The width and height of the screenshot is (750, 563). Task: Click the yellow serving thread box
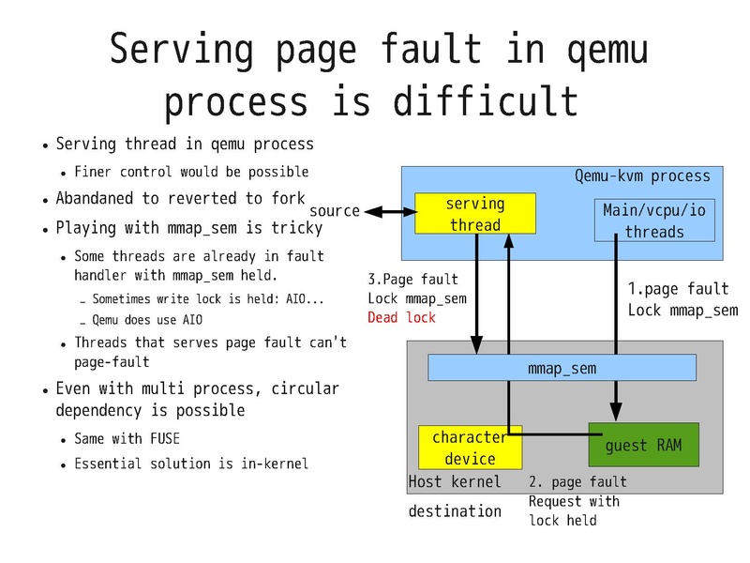click(x=474, y=214)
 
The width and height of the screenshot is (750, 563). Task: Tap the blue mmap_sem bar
click(x=562, y=368)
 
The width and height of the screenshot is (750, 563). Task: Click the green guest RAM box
click(x=643, y=445)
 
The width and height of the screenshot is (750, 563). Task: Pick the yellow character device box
click(x=470, y=448)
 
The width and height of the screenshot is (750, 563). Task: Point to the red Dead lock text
click(x=402, y=318)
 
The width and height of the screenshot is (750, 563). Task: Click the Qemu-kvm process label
click(x=642, y=176)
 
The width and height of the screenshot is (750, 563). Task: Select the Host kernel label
click(x=455, y=481)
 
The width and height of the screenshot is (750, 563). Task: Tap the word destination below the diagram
click(x=455, y=511)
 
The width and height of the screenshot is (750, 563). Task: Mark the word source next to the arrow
click(x=335, y=210)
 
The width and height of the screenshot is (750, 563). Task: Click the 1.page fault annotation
click(x=678, y=289)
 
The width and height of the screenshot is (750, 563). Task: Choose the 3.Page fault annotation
click(x=412, y=279)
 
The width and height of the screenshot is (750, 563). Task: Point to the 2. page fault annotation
click(x=577, y=481)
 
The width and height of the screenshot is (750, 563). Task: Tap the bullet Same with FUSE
click(x=127, y=438)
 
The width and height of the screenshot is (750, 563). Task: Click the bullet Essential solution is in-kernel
click(x=190, y=463)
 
